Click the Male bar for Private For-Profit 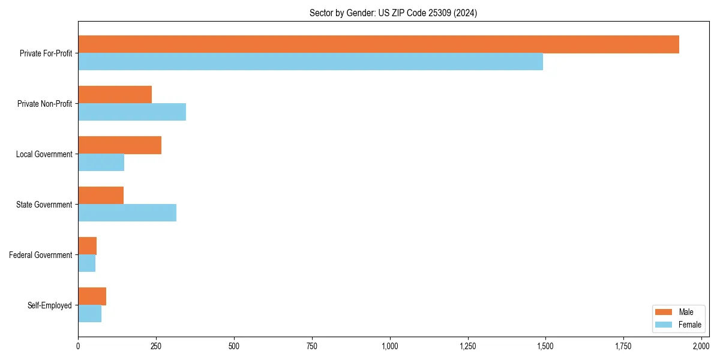point(378,44)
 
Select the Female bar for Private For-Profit point(310,62)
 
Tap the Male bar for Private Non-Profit point(115,95)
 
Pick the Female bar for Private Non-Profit point(132,112)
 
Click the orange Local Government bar point(119,145)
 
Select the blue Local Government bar point(101,163)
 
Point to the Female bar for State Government point(127,213)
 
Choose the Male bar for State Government point(101,196)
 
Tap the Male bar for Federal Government point(87,246)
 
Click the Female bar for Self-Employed point(89,314)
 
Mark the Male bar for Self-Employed point(92,296)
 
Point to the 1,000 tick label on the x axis point(390,346)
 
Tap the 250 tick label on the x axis point(156,346)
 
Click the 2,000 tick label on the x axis point(701,346)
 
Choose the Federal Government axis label point(41,255)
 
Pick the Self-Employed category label point(50,305)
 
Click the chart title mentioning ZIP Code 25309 point(393,13)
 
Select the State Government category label point(44,205)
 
